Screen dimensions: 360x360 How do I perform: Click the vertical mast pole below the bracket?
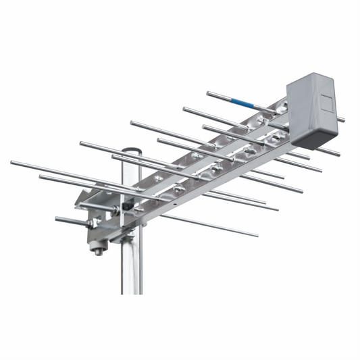[x=132, y=270]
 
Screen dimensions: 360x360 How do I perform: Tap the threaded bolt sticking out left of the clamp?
[x=64, y=220]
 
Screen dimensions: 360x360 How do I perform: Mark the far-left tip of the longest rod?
[x=12, y=163]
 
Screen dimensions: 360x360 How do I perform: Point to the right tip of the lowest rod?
[x=256, y=235]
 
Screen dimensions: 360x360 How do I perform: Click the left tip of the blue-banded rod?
[x=209, y=93]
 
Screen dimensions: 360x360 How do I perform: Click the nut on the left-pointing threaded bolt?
[x=88, y=222]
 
